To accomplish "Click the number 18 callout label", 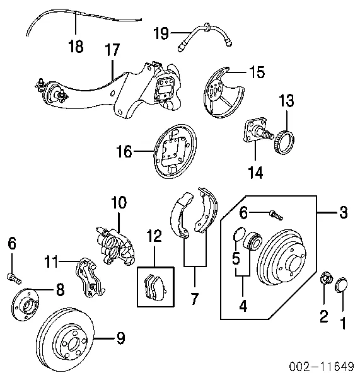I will point(75,47).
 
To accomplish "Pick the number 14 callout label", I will point(255,171).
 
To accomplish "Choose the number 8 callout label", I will point(60,290).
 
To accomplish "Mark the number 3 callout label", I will point(343,213).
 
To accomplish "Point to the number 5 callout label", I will point(236,258).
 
